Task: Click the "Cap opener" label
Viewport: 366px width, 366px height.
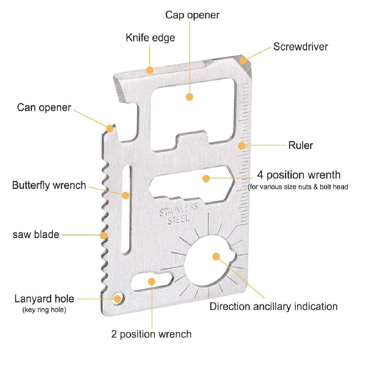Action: pyautogui.click(x=192, y=15)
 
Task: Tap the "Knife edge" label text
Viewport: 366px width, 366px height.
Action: pyautogui.click(x=150, y=38)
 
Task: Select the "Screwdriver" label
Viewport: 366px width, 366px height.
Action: pyautogui.click(x=300, y=47)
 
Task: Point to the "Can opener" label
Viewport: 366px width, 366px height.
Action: pyautogui.click(x=44, y=107)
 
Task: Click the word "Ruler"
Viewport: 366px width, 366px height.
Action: pyautogui.click(x=300, y=145)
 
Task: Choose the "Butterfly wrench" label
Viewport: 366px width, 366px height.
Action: pyautogui.click(x=49, y=185)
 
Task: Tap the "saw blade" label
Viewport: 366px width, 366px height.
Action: pyautogui.click(x=36, y=235)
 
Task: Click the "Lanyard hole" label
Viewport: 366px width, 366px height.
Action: pyautogui.click(x=44, y=299)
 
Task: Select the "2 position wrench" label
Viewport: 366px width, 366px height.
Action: pyautogui.click(x=151, y=334)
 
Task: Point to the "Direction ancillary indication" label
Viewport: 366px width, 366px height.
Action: pyautogui.click(x=273, y=306)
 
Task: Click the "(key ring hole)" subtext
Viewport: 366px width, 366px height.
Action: pyautogui.click(x=44, y=310)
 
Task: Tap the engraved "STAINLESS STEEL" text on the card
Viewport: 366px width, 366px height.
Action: pyautogui.click(x=179, y=214)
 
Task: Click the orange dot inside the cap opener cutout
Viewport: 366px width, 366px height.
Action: pyautogui.click(x=189, y=97)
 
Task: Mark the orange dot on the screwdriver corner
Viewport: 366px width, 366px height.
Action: pyautogui.click(x=243, y=60)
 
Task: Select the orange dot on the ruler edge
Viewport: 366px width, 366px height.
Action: pyautogui.click(x=242, y=145)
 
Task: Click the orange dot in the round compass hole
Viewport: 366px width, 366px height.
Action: pyautogui.click(x=216, y=256)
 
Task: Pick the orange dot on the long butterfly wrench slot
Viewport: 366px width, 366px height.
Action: pyautogui.click(x=126, y=195)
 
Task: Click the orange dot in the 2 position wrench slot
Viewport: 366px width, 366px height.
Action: pyautogui.click(x=151, y=281)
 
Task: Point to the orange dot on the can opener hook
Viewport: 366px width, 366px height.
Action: pyautogui.click(x=110, y=129)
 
